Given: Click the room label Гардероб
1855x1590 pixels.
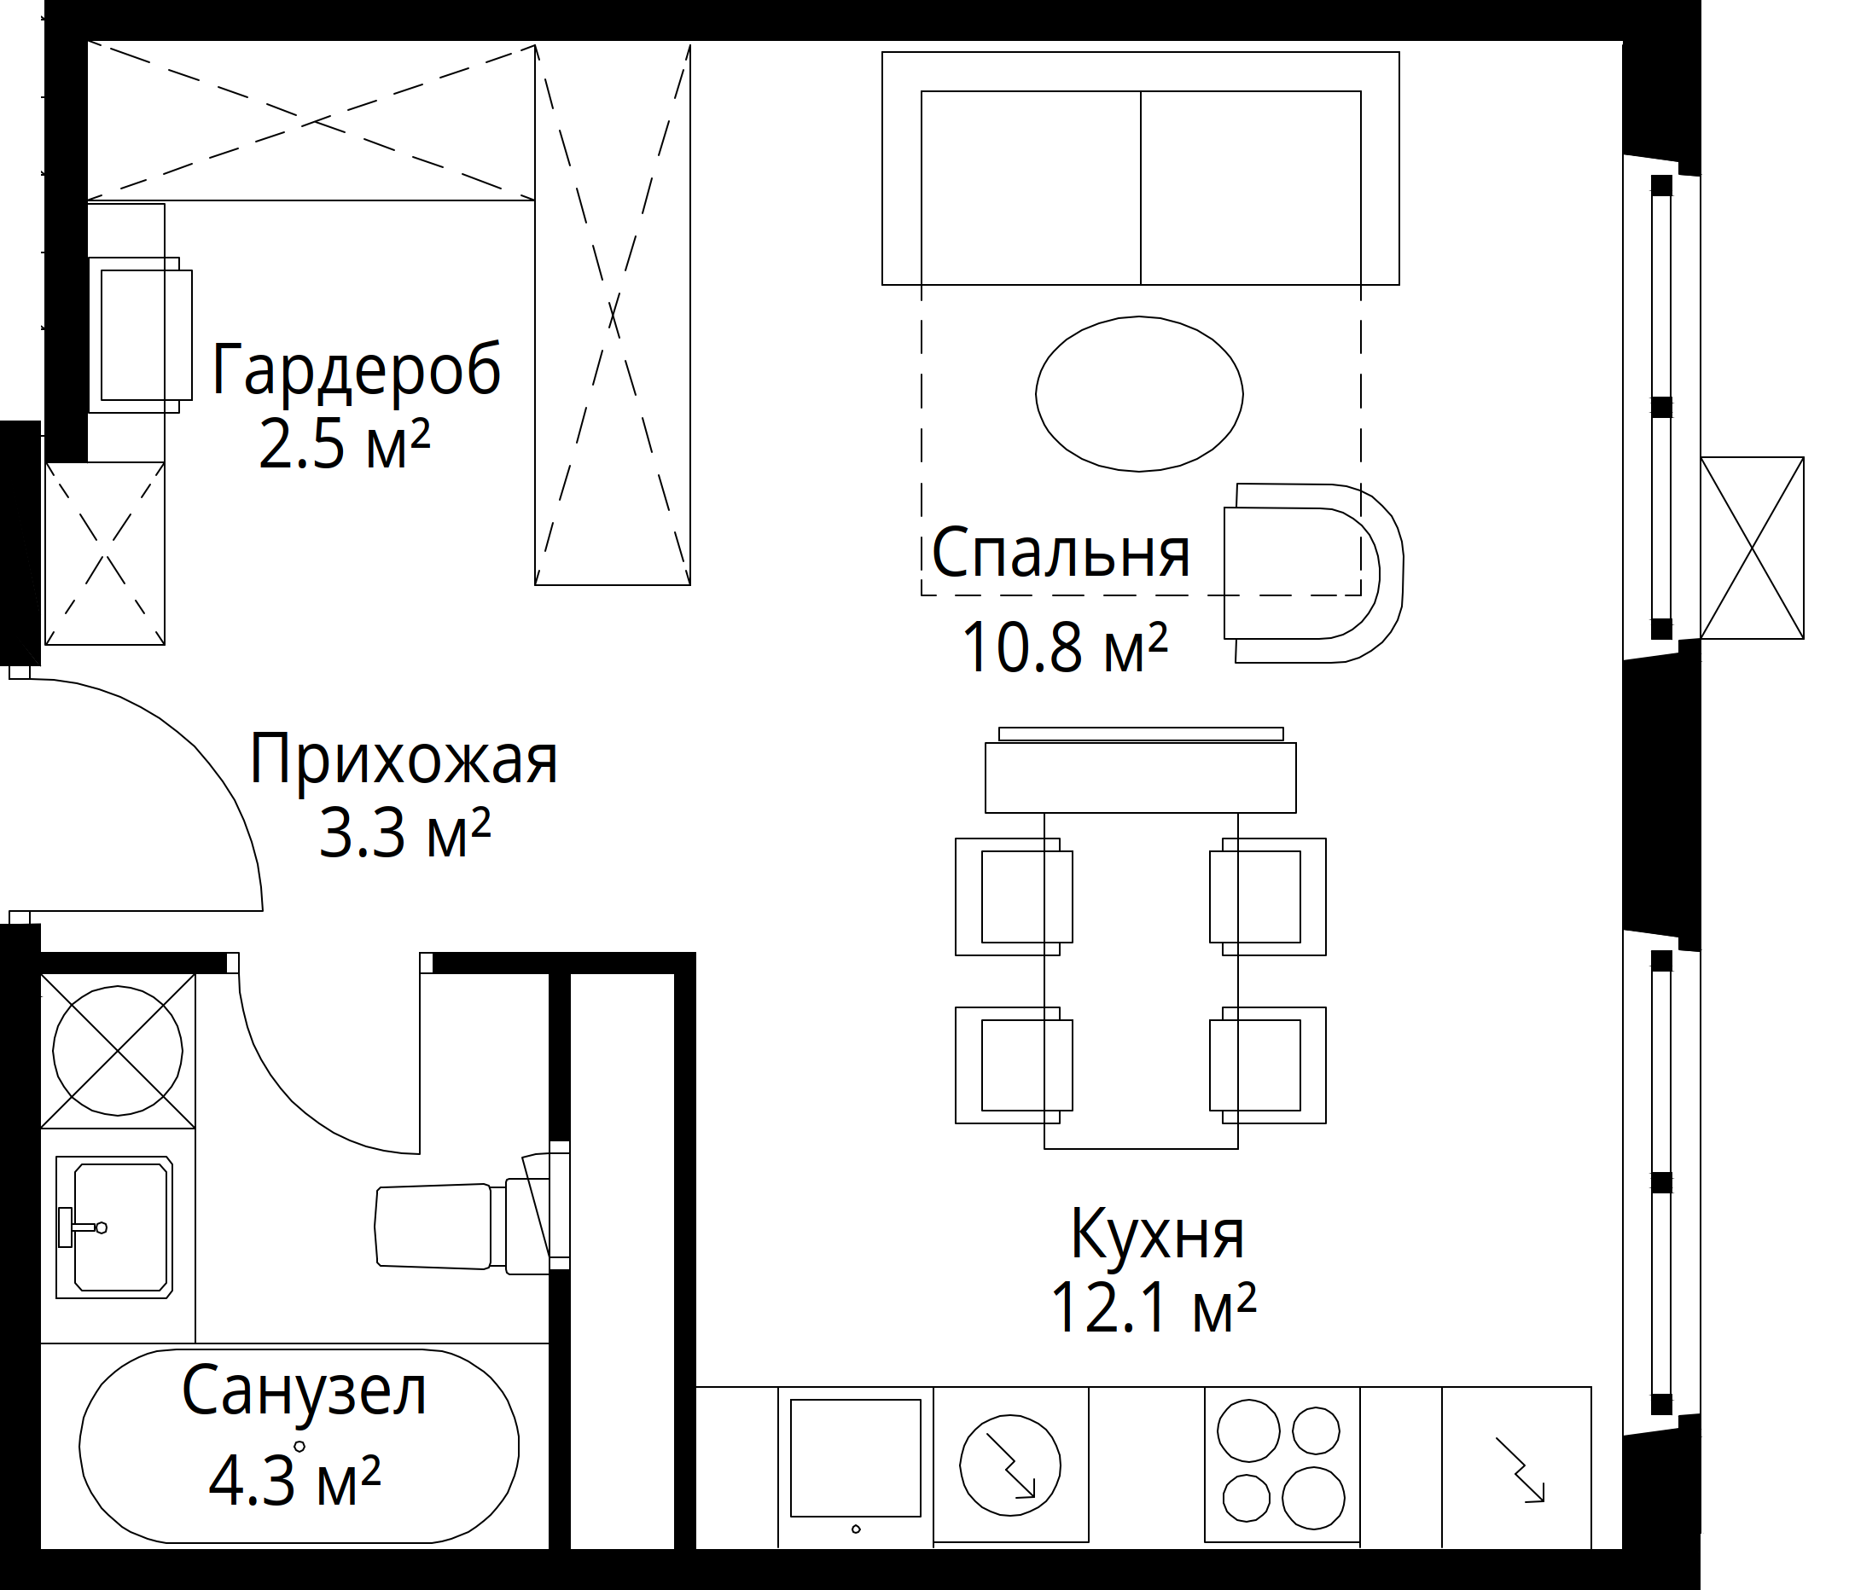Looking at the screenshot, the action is click(x=357, y=368).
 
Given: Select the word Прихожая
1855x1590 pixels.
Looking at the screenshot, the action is click(x=404, y=760).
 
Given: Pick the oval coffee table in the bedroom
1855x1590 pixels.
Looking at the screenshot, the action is click(x=1139, y=394).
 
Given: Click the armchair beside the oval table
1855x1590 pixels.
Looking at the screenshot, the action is click(x=1312, y=572).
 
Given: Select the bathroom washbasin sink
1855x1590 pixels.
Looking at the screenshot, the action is click(x=113, y=1227).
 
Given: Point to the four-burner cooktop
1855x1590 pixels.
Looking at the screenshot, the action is click(x=1281, y=1465).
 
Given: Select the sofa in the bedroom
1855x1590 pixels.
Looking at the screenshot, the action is click(x=1140, y=168).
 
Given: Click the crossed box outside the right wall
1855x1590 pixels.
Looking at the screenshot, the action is click(x=1751, y=548).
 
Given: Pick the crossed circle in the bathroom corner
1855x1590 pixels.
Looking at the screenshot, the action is click(x=117, y=1050).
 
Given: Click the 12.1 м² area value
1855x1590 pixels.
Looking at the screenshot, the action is click(x=1153, y=1309).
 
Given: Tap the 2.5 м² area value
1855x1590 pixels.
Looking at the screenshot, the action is click(x=345, y=444).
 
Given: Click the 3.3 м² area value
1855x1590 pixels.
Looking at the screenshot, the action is click(x=404, y=834).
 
